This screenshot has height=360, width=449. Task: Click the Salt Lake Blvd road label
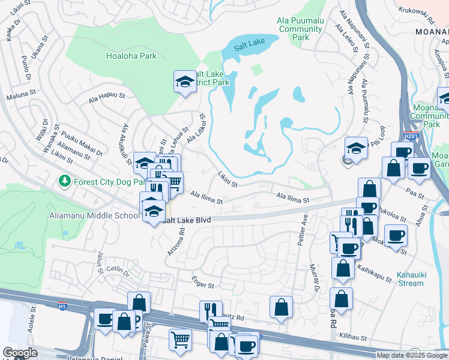(187, 221)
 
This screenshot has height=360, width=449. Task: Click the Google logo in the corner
(20, 353)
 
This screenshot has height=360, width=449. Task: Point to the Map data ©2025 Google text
(412, 355)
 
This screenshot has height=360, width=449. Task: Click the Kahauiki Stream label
(411, 278)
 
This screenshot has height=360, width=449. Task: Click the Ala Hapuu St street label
(106, 96)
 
